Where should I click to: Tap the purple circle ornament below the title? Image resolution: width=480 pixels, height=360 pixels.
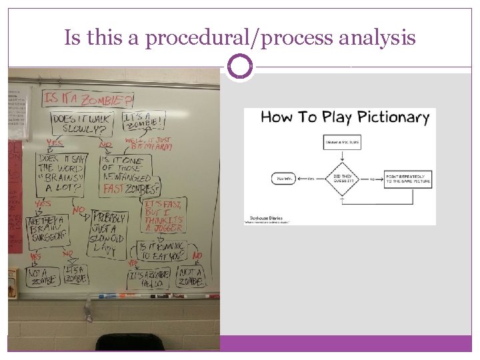[239, 67]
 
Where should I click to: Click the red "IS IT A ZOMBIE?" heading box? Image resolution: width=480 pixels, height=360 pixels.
[87, 99]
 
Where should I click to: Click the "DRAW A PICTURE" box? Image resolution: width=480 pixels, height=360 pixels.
[341, 142]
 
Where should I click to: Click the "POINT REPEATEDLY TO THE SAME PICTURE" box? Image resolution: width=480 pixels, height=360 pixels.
[408, 178]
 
